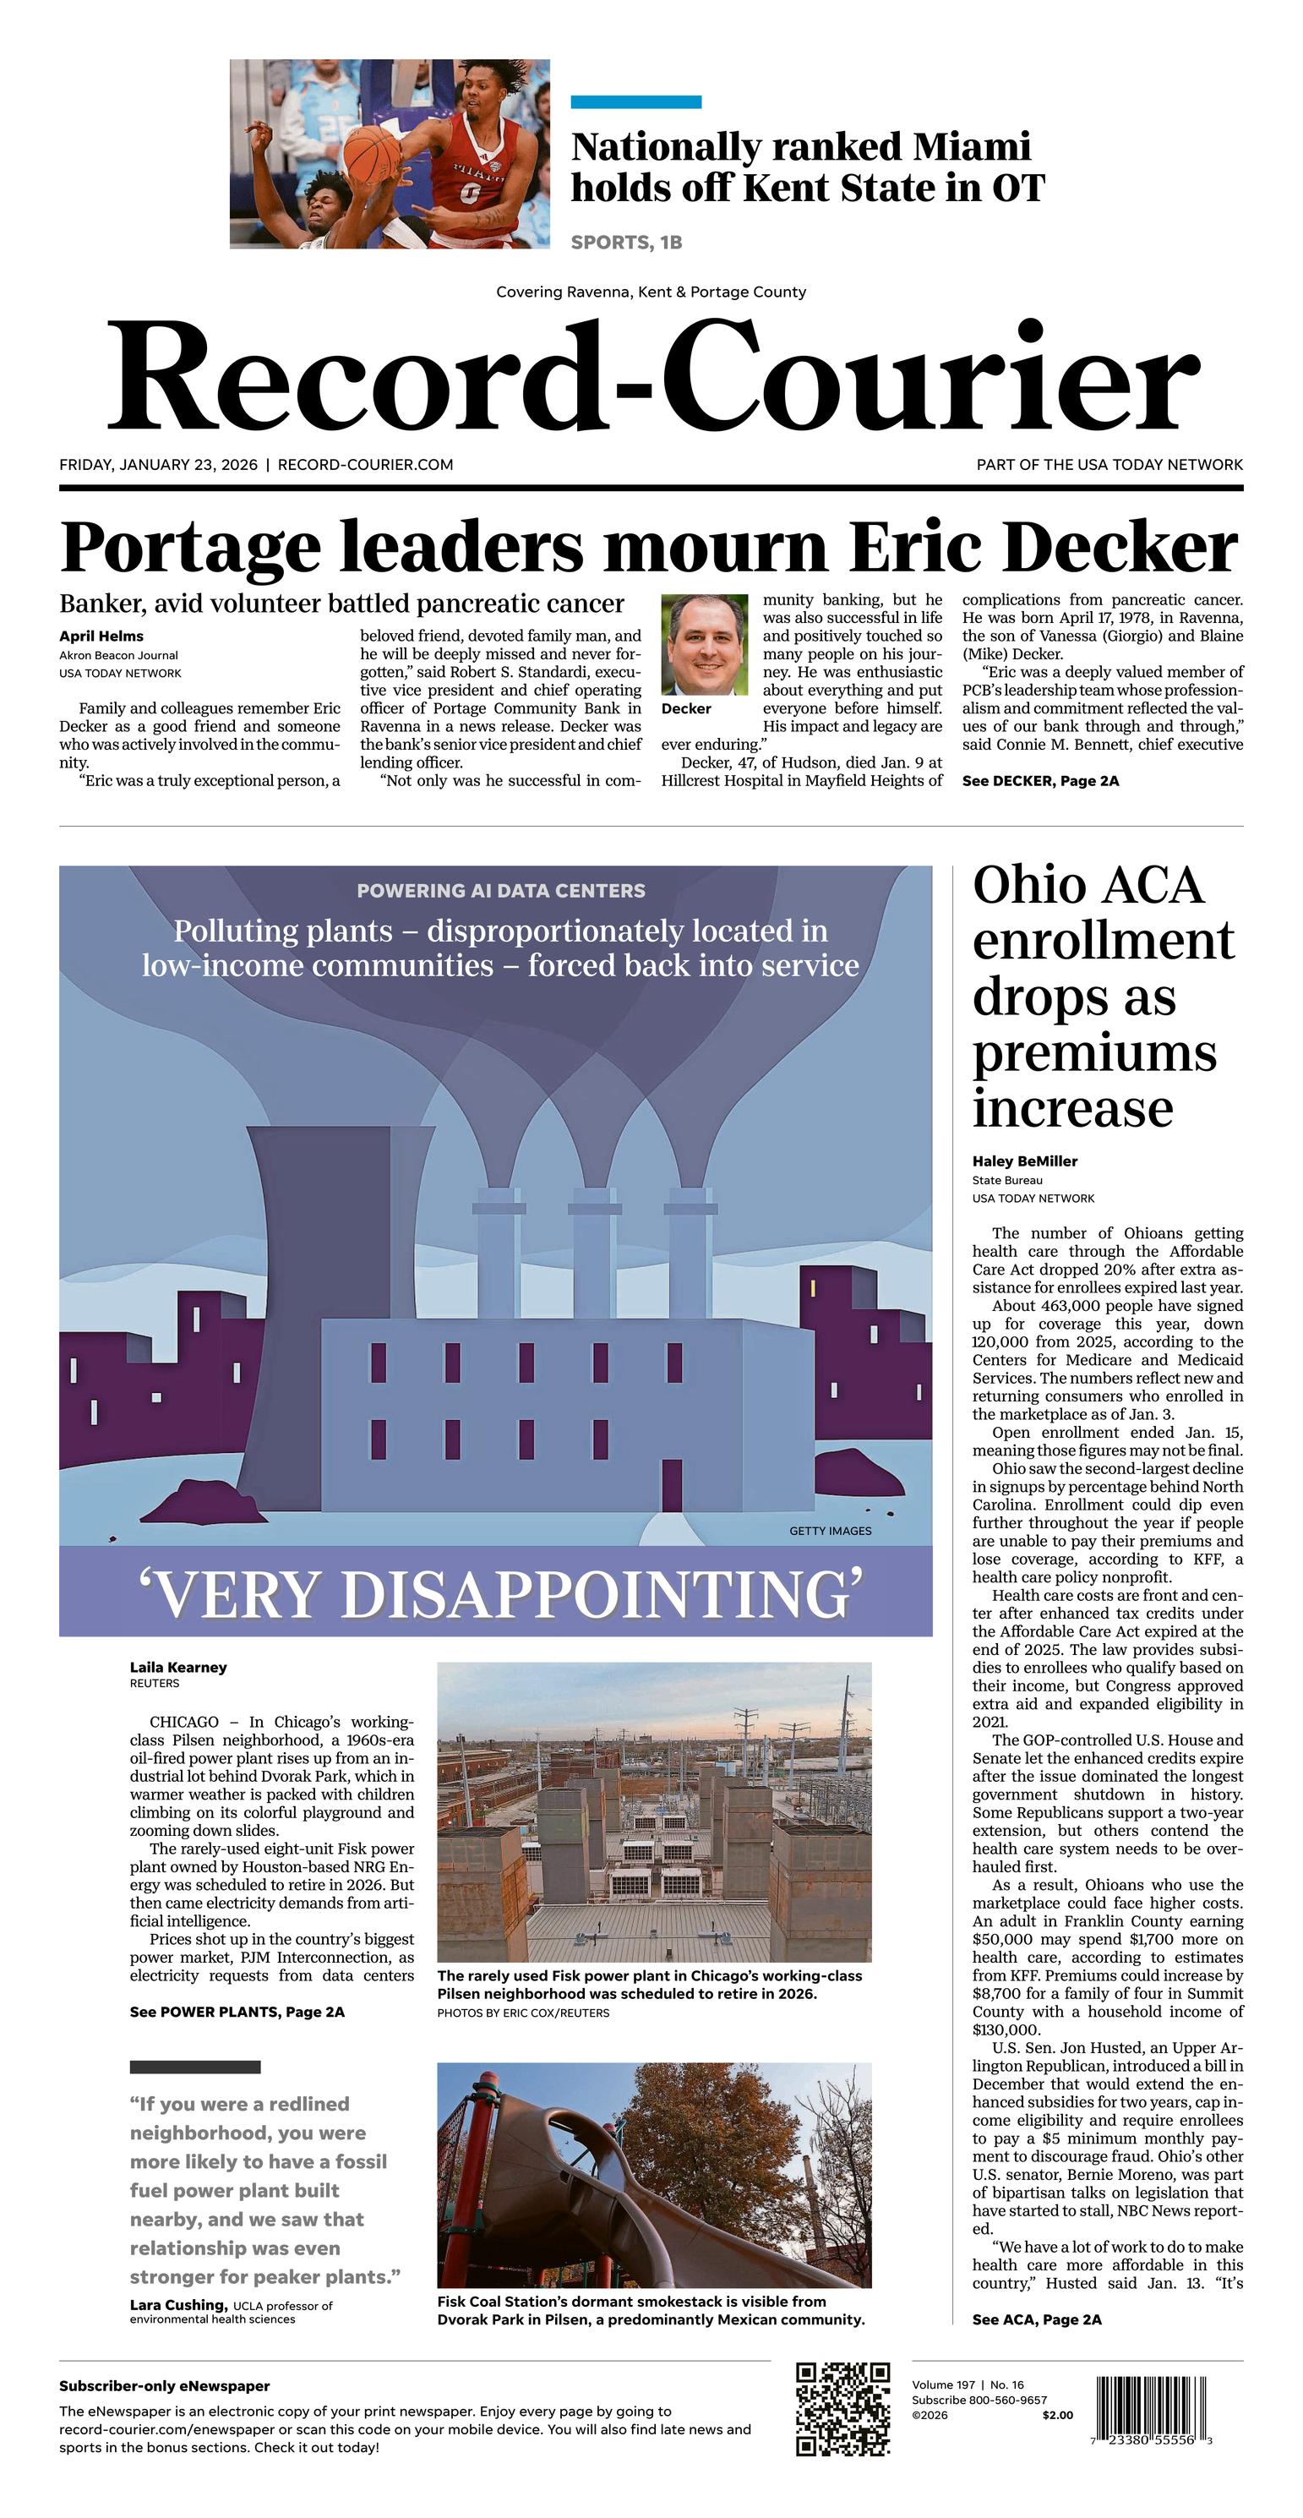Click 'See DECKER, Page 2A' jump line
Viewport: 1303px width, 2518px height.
pos(1040,781)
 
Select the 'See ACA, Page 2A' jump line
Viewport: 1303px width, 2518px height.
pos(1036,2319)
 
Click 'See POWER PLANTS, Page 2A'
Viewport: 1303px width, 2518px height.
pos(237,2012)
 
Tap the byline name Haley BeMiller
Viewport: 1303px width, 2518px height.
pos(1024,1161)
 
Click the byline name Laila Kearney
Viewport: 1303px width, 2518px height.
pos(178,1668)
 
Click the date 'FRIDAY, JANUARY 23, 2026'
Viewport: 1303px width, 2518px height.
pos(158,465)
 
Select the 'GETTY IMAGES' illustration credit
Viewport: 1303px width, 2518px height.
pos(830,1531)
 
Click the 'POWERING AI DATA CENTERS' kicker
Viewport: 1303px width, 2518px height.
pos(500,891)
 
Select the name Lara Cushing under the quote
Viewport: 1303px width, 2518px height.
pos(178,2305)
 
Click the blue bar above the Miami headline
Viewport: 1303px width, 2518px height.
pos(635,101)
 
